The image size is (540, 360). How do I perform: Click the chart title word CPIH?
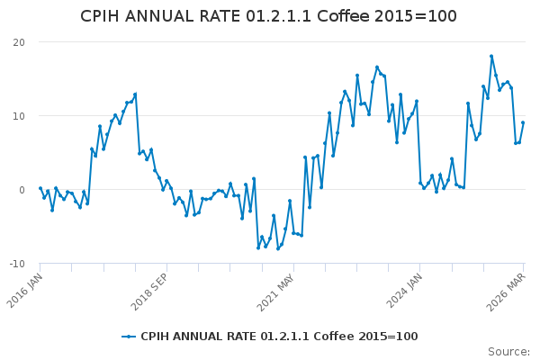point(104,16)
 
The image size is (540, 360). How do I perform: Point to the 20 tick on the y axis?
point(19,42)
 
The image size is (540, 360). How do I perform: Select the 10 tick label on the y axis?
point(19,116)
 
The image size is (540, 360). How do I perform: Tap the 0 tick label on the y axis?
point(22,190)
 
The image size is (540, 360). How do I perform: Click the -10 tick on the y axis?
point(17,264)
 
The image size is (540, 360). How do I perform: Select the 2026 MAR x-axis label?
point(509,289)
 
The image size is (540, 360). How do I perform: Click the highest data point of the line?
point(491,56)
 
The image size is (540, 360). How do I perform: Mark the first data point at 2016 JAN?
point(40,188)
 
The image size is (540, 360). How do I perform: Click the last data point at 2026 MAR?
point(523,122)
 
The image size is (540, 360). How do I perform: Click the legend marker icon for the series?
point(130,337)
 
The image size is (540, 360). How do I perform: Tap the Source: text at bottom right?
point(508,351)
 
